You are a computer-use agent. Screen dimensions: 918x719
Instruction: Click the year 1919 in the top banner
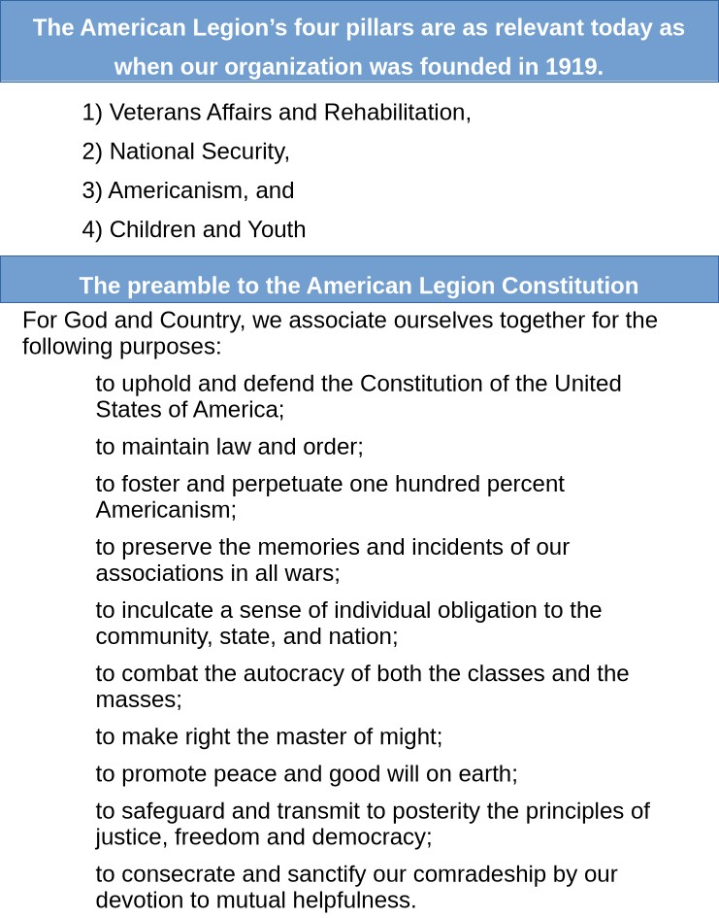[573, 67]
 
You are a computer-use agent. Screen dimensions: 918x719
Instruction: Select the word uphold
[148, 384]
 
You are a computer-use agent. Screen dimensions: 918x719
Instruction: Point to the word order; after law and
[333, 447]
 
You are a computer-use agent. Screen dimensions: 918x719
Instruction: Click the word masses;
[139, 698]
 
